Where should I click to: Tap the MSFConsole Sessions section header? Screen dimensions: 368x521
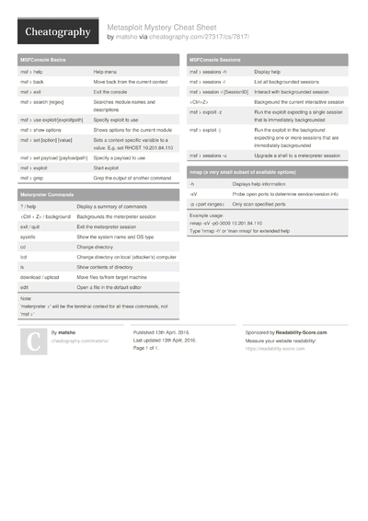[216, 59]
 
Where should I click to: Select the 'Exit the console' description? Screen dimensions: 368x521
[111, 92]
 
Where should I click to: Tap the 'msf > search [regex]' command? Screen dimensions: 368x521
[42, 102]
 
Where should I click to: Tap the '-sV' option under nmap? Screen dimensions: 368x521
[193, 195]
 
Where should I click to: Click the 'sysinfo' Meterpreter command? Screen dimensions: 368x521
[28, 237]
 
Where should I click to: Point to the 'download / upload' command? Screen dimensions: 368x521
[40, 277]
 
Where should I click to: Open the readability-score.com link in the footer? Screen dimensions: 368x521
[275, 350]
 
